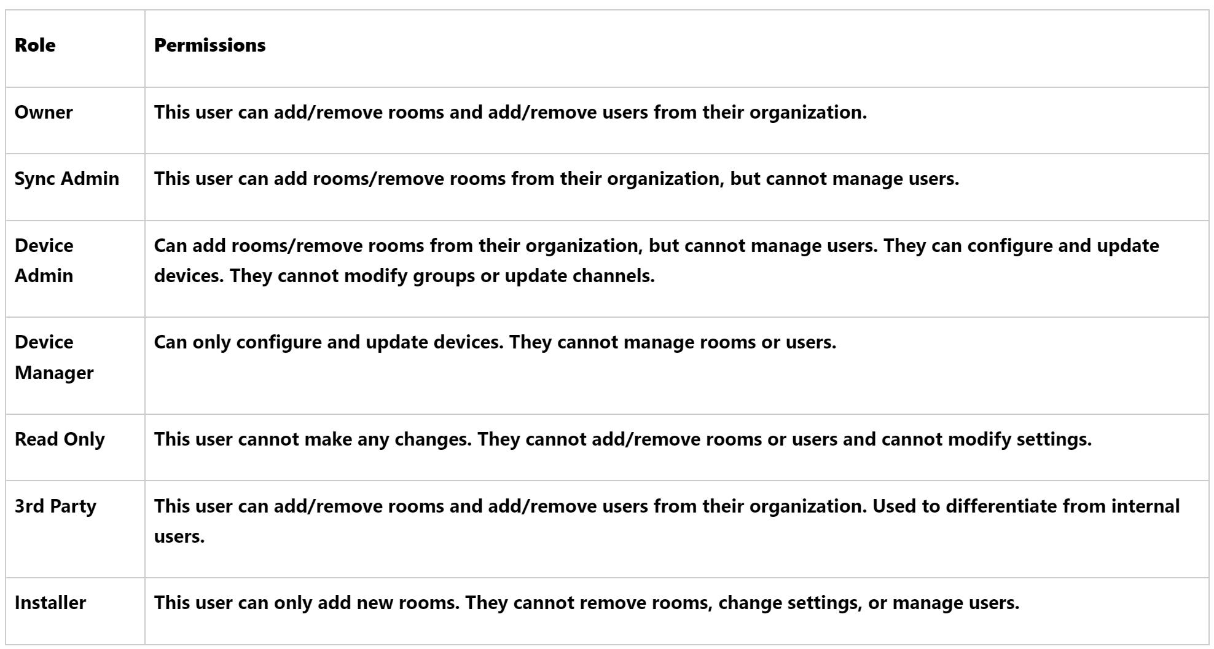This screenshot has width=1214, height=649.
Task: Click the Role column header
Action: [35, 45]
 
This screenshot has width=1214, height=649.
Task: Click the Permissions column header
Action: [210, 45]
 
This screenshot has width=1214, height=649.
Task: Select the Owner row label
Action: [44, 112]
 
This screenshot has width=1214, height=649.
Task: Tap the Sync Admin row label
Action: [67, 179]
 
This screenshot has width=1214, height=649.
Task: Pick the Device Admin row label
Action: [44, 261]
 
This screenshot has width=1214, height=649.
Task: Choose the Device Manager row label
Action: [54, 357]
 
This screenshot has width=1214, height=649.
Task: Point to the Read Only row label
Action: [60, 439]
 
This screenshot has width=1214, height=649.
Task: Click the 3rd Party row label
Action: [55, 506]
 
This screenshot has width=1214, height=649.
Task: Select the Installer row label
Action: [50, 603]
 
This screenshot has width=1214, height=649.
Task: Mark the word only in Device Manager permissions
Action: [211, 342]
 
